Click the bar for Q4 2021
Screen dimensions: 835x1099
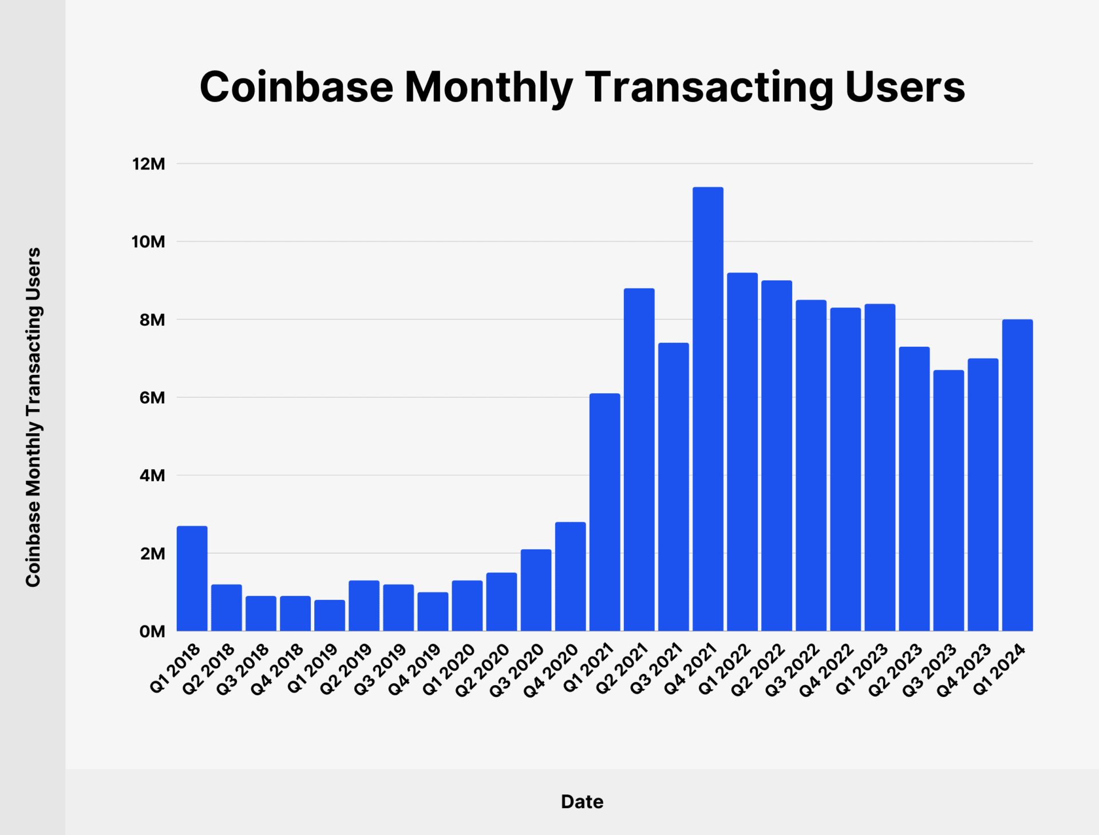coord(707,409)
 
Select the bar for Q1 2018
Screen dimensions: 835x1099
coord(192,578)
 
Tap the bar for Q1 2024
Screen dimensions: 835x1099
coord(1017,475)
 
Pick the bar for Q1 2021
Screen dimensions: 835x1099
coord(604,512)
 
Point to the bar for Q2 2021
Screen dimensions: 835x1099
coord(639,460)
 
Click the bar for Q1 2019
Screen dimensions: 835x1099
coord(330,615)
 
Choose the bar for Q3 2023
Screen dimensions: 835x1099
coord(948,501)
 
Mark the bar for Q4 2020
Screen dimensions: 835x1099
coord(570,576)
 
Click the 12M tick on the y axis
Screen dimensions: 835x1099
coord(149,164)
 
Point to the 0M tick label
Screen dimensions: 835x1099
coord(152,631)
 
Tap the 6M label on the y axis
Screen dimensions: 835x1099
coord(152,398)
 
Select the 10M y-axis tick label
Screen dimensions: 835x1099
coord(149,242)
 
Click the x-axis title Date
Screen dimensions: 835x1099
coord(582,801)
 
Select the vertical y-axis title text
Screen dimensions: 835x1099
coord(33,417)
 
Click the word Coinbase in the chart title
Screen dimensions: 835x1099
coord(297,87)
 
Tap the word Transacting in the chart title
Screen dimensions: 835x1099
coord(709,87)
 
